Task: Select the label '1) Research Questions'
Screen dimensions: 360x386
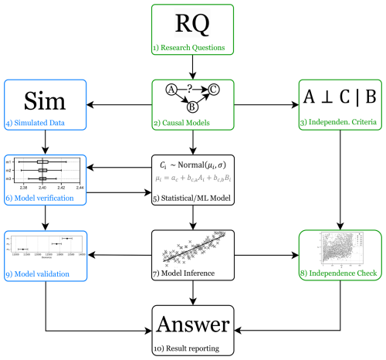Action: coord(192,49)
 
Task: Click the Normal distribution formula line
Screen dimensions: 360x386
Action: coord(193,165)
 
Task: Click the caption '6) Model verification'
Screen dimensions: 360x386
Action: coord(35,199)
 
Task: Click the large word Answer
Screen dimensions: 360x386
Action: coord(192,323)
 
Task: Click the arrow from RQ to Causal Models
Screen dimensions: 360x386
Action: coord(192,66)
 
